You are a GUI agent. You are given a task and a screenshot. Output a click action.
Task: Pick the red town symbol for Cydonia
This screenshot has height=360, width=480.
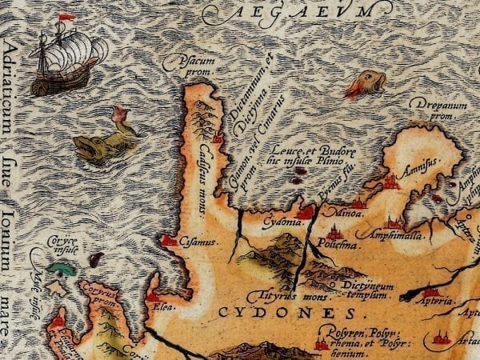(306, 212)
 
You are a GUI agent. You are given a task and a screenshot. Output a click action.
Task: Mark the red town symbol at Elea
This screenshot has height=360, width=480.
(152, 298)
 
